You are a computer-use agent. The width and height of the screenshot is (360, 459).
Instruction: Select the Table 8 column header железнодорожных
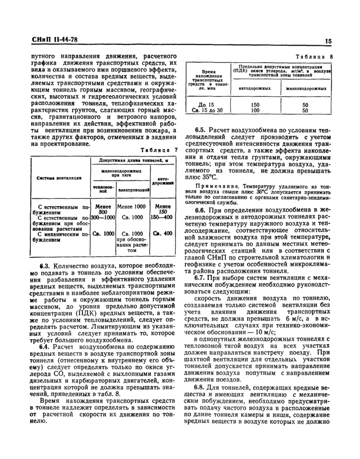pyautogui.click(x=305, y=89)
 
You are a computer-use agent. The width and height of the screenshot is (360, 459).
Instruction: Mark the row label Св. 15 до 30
pyautogui.click(x=208, y=110)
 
